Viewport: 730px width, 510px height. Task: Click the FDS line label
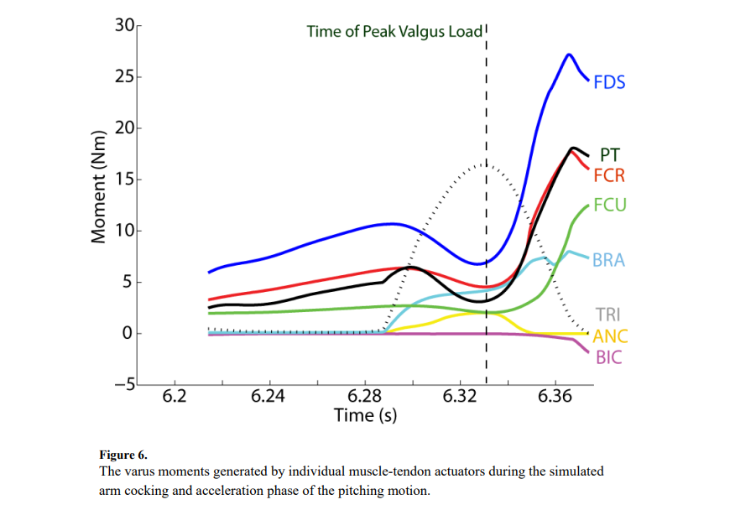(609, 83)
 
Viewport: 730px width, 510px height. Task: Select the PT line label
(611, 155)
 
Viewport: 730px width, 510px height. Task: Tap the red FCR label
(609, 176)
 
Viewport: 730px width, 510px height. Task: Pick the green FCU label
(610, 206)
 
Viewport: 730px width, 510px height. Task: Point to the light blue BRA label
(609, 260)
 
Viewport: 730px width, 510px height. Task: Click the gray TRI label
(607, 315)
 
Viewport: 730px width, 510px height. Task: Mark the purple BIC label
(609, 358)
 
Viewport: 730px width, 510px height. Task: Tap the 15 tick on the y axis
(125, 180)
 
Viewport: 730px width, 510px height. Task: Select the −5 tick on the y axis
(123, 385)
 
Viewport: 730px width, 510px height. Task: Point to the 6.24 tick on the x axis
(269, 397)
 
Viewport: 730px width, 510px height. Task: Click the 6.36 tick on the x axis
(554, 397)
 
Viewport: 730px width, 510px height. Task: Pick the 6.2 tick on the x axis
(174, 397)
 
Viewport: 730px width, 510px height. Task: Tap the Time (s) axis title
(365, 415)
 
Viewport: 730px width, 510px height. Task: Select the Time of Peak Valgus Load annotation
(394, 33)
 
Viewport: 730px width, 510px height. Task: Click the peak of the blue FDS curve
(569, 55)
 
